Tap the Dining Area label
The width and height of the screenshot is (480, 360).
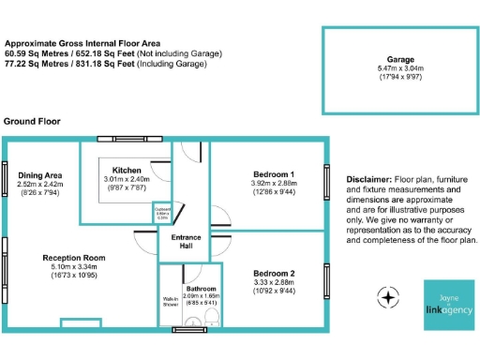pyautogui.click(x=39, y=175)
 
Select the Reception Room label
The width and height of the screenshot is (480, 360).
pyautogui.click(x=72, y=257)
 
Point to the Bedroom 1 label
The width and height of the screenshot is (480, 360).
pyautogui.click(x=274, y=174)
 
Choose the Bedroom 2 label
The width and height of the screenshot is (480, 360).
pyautogui.click(x=274, y=274)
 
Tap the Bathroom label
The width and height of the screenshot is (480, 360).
pyautogui.click(x=201, y=289)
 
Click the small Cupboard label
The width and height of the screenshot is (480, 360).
pyautogui.click(x=163, y=211)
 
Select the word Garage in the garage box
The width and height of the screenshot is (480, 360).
pyautogui.click(x=400, y=58)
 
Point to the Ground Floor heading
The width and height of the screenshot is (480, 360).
pyautogui.click(x=33, y=122)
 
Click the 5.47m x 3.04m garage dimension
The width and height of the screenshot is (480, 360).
pyautogui.click(x=400, y=69)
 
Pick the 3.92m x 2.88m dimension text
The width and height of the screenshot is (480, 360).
pyautogui.click(x=274, y=185)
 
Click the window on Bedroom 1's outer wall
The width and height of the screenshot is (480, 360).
pyautogui.click(x=326, y=182)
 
